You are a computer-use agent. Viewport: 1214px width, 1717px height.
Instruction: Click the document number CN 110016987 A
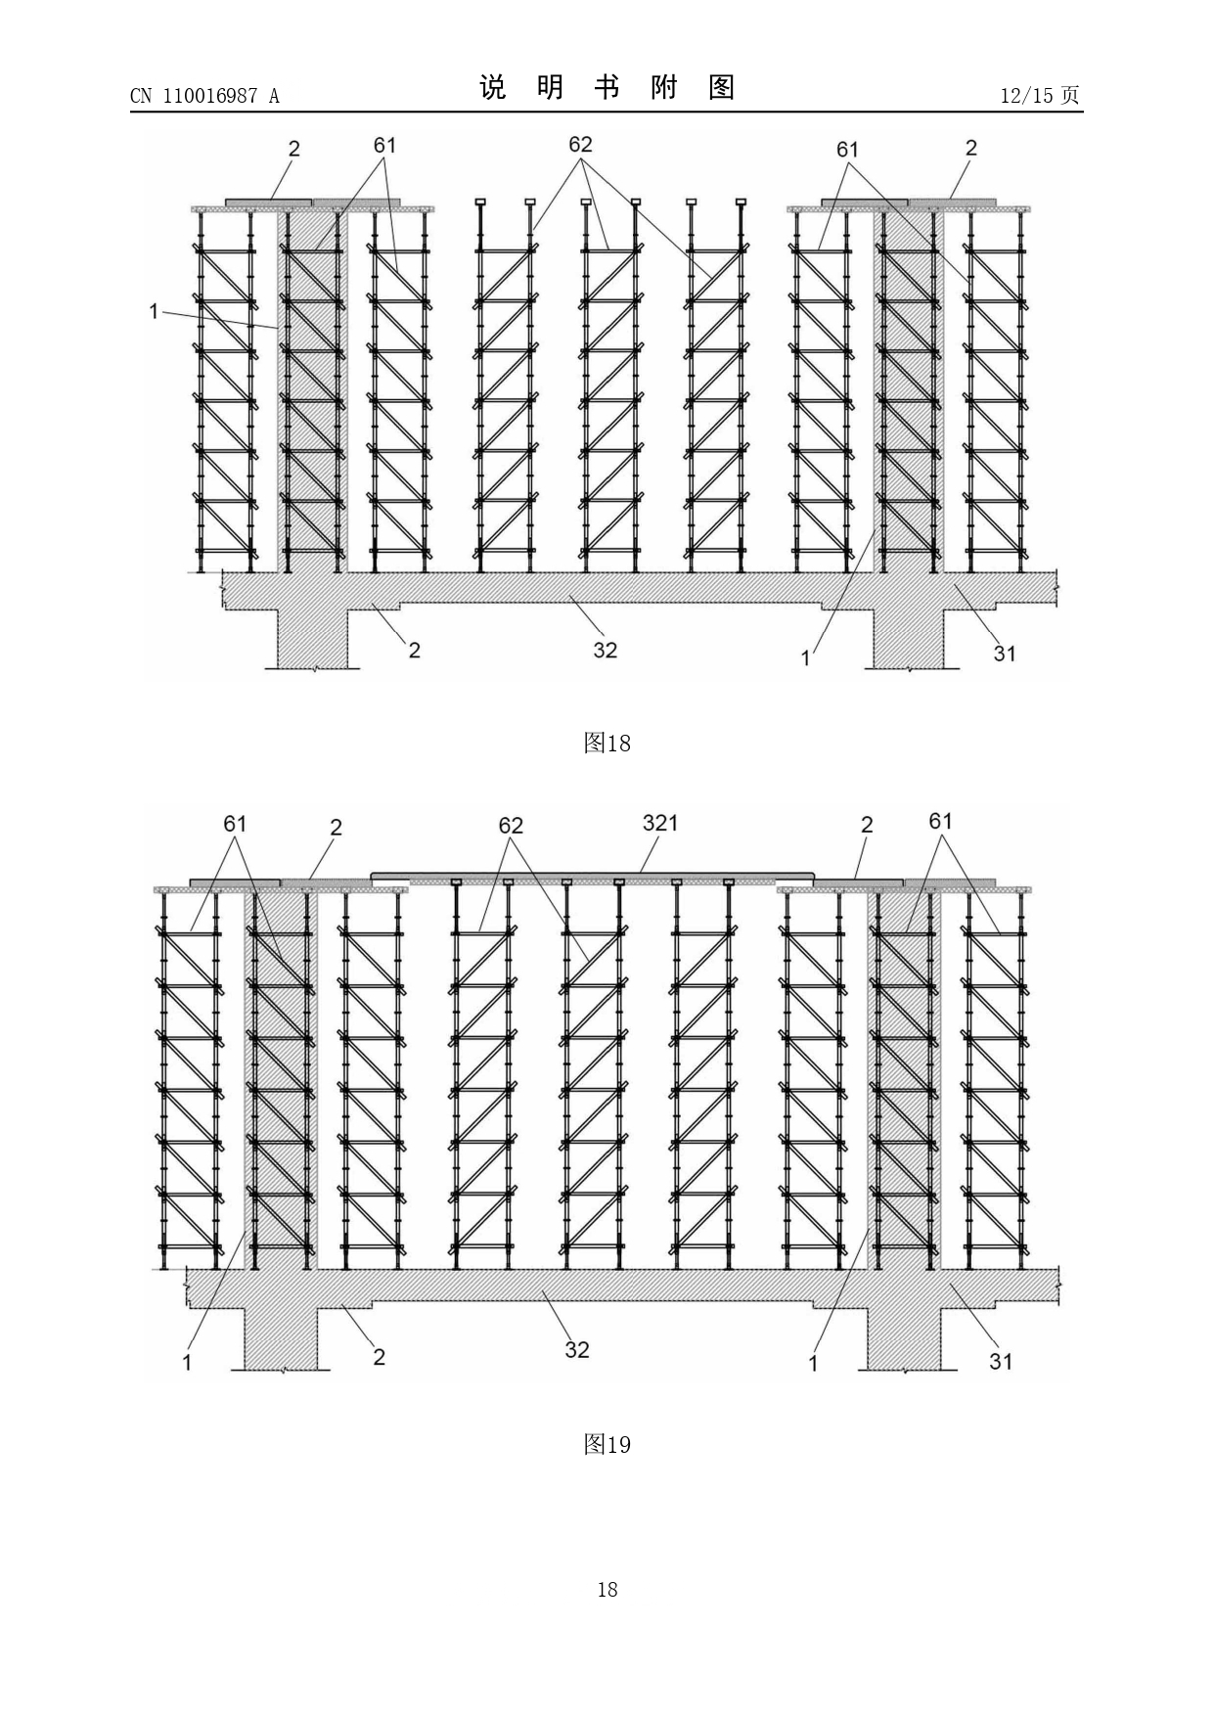[204, 95]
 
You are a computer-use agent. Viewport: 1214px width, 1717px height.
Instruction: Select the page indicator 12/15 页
[1040, 95]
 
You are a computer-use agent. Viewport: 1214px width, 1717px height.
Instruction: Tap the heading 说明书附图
[607, 88]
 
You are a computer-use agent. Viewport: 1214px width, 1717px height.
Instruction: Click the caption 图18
[607, 744]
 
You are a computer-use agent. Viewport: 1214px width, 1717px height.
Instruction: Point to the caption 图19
[607, 1444]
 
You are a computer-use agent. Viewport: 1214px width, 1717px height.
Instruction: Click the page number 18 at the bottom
[607, 1590]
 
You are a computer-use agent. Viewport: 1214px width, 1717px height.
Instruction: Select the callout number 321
[660, 823]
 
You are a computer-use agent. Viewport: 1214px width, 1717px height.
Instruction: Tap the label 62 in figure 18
[580, 144]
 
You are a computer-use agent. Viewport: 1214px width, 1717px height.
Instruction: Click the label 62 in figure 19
[511, 826]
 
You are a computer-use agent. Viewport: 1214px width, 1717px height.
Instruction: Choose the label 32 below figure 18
[605, 650]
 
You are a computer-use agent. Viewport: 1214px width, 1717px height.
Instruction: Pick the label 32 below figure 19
[577, 1349]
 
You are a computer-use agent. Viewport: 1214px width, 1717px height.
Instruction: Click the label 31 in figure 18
[1005, 654]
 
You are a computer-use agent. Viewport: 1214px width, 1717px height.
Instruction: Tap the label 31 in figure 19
[1001, 1361]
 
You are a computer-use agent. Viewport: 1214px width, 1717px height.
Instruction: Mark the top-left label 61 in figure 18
[384, 145]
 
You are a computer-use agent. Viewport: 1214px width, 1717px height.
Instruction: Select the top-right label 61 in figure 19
[940, 821]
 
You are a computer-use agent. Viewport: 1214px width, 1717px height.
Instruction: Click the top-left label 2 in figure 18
[293, 149]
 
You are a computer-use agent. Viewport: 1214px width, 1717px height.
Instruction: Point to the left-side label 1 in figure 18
[154, 311]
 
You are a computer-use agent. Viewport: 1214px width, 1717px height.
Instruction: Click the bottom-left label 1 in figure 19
[187, 1362]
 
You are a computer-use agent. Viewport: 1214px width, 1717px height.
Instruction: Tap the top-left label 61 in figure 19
[235, 823]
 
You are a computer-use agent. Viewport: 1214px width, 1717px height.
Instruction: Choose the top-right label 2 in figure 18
[970, 148]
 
